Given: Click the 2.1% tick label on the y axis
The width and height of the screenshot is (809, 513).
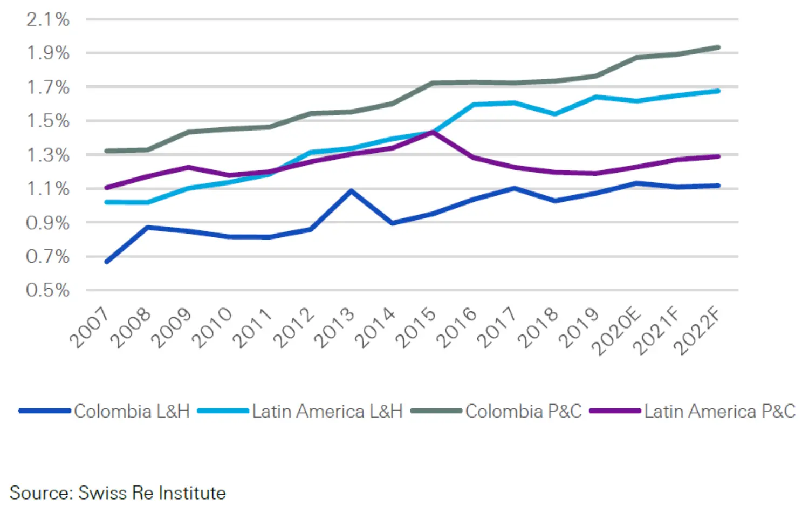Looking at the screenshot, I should pos(48,20).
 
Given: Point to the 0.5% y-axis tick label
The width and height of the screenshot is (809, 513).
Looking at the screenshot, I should pos(48,290).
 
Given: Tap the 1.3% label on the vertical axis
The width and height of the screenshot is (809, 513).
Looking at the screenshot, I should pos(48,155).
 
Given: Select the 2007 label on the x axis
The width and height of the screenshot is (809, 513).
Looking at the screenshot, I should pos(90,327).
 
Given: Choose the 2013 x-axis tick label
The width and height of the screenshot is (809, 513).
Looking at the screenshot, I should pos(334,327).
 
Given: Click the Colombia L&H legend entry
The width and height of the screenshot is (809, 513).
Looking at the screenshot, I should pos(132,411).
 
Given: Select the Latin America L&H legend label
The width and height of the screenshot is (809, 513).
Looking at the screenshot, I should pos(327,411).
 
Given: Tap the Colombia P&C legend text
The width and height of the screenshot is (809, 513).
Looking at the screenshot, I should pos(523,411).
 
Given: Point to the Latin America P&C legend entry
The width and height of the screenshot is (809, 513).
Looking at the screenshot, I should pos(719,411).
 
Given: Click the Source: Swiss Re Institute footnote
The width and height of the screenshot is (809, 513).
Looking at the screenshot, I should pos(118,493).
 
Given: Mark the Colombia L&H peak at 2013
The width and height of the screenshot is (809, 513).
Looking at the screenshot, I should pos(352,190).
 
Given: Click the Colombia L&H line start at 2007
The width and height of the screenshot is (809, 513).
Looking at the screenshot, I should pos(107,262).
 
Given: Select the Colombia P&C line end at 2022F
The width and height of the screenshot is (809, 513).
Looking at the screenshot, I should pos(718,47).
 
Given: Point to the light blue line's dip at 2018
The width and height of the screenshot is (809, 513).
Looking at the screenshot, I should pos(555,114).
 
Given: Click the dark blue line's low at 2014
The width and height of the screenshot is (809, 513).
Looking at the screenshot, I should pos(393,223).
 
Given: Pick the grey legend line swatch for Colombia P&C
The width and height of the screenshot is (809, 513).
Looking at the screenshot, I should pos(436,411).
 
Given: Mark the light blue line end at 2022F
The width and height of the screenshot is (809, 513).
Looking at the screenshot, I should pos(718,91).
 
